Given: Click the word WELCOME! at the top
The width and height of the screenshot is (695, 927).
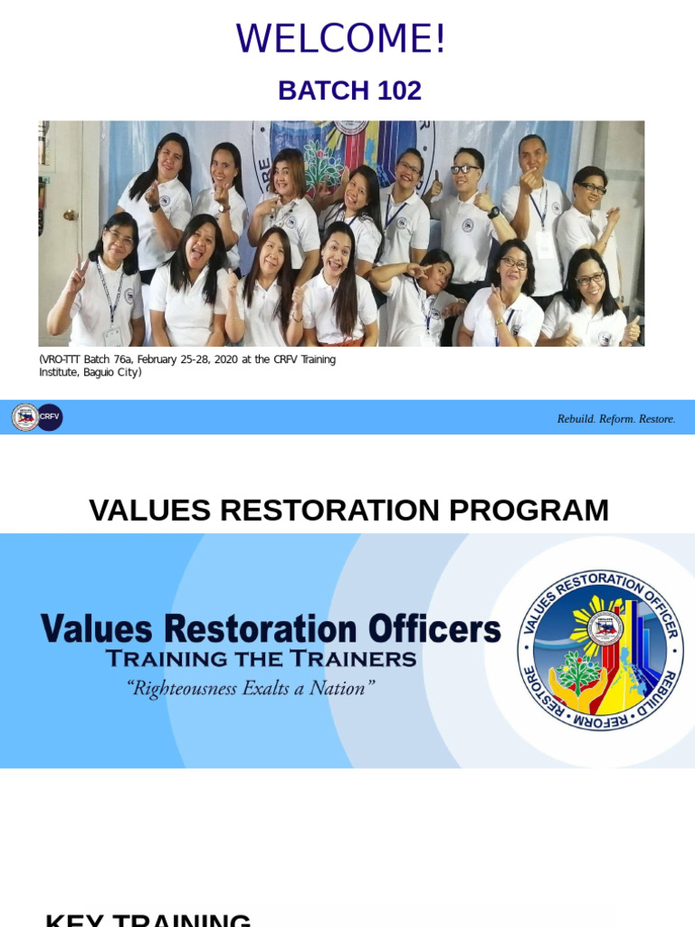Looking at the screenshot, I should click(341, 39).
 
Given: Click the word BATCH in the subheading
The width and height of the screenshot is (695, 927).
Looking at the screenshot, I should click(311, 91).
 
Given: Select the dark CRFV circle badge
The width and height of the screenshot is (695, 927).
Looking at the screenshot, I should click(50, 417).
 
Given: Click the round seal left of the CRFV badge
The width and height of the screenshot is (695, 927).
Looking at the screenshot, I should click(24, 417).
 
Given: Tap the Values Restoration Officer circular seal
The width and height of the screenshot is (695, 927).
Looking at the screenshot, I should click(600, 650).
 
